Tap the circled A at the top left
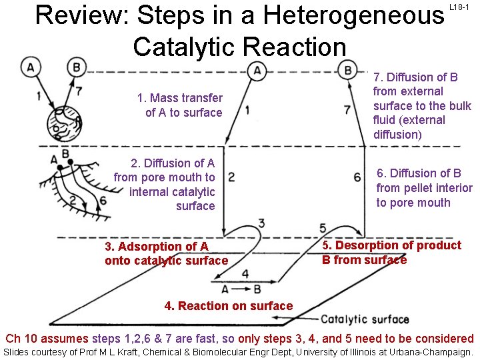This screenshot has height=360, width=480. [x=29, y=67]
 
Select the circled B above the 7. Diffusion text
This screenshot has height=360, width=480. [x=347, y=69]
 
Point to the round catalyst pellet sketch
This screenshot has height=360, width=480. [x=63, y=124]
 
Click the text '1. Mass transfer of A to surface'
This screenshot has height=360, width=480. [x=181, y=105]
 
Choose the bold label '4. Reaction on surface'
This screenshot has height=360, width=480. [x=229, y=306]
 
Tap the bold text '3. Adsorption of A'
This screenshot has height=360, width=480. [x=156, y=247]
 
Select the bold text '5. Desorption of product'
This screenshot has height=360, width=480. [x=392, y=245]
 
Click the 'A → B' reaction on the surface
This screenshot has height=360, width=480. [x=241, y=289]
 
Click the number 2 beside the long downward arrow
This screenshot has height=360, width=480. [x=231, y=177]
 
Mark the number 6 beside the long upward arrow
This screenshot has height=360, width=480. [x=357, y=177]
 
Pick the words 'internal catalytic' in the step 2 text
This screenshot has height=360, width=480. [x=172, y=192]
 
